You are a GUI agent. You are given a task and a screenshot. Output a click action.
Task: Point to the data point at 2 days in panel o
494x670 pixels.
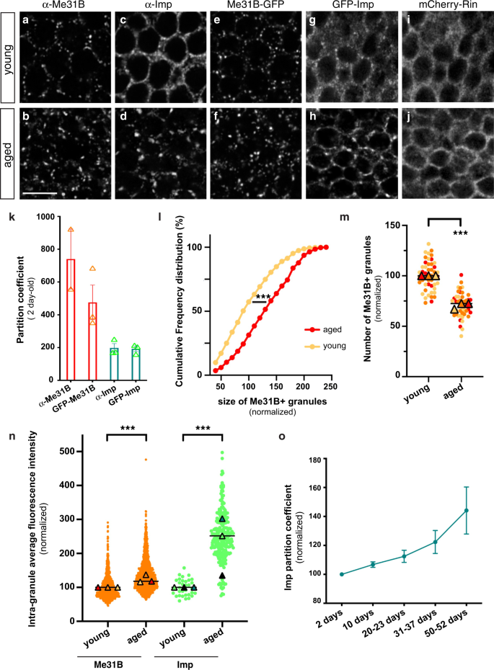pos(341,574)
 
